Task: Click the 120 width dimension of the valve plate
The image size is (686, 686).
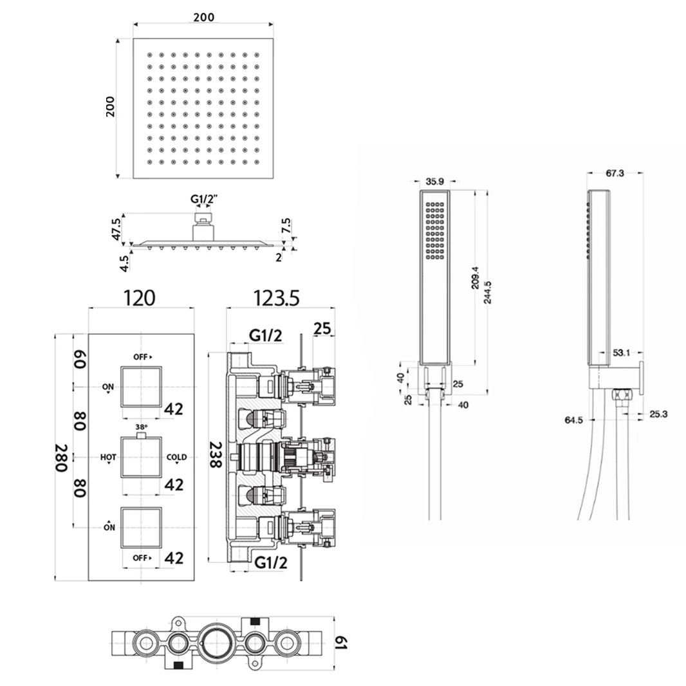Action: coord(140,298)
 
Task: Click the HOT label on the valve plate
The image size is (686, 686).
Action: coord(108,458)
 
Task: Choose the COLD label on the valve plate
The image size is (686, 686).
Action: coord(176,458)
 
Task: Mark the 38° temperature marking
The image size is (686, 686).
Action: coord(142,427)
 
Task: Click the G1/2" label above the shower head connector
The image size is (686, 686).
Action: coord(205,200)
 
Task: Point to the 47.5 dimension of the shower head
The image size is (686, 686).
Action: coord(116,228)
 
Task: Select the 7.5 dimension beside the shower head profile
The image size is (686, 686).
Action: coord(286,227)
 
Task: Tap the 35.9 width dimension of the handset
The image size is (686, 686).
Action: coord(436,181)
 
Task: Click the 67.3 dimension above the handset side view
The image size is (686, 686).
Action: coord(615,172)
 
